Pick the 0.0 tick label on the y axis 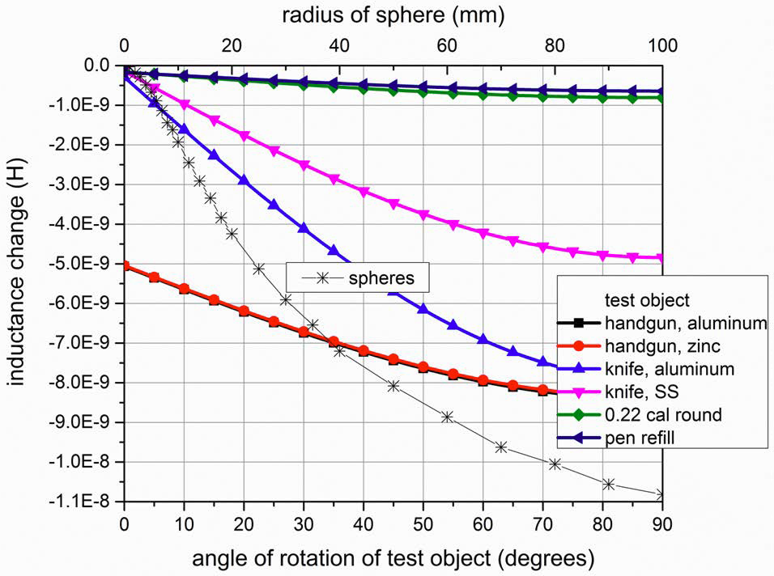[x=96, y=66]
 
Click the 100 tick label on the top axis [x=662, y=44]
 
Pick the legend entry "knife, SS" [x=641, y=393]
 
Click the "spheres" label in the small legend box [x=381, y=277]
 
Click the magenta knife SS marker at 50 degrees [x=423, y=214]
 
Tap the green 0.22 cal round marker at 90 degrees [x=661, y=98]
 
